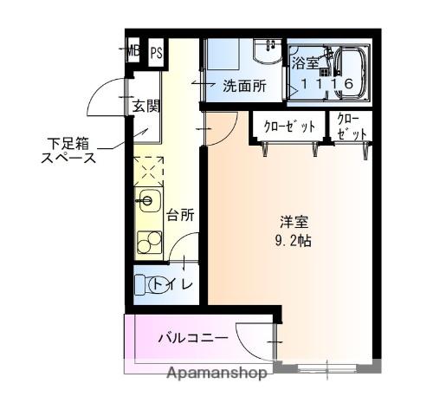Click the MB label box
click(x=133, y=52)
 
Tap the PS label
click(x=157, y=53)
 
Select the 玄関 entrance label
click(x=146, y=107)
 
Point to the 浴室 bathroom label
click(x=306, y=63)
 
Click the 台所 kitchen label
click(x=180, y=213)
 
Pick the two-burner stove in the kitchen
click(x=148, y=237)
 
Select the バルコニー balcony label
click(x=192, y=337)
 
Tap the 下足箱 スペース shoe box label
click(x=68, y=149)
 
